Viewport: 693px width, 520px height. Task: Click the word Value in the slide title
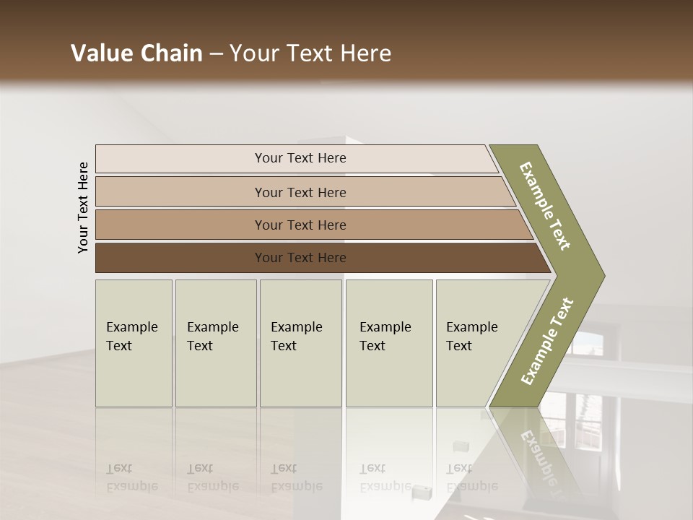tap(100, 53)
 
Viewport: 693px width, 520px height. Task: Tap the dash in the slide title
tap(216, 54)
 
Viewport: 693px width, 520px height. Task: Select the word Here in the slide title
tap(365, 53)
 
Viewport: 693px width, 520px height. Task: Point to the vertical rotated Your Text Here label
tap(83, 207)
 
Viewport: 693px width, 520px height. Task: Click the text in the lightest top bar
tap(300, 158)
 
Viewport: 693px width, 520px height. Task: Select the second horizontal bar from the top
tap(300, 192)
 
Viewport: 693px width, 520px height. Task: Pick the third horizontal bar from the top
tap(300, 225)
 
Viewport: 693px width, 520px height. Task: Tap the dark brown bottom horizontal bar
tap(300, 258)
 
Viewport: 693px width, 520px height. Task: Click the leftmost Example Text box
tap(134, 343)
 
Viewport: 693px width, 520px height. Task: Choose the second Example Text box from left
tap(215, 343)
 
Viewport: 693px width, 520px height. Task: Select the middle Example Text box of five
tap(300, 343)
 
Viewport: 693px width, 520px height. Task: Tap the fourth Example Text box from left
tap(389, 343)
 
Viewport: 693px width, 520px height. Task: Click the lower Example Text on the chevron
tap(547, 341)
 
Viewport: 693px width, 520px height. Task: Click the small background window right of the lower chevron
tap(588, 343)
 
